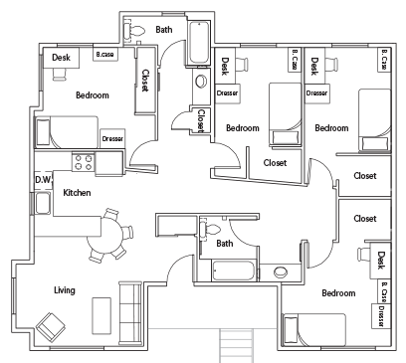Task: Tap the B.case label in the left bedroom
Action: pos(103,55)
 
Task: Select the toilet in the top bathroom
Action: pos(140,30)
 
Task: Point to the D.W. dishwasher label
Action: pos(42,180)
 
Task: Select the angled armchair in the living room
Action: pos(49,323)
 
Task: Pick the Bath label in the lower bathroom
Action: pos(225,243)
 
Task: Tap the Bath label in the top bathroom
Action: pos(164,30)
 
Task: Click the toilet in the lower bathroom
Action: pos(211,229)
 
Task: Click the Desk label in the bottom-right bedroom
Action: pos(381,261)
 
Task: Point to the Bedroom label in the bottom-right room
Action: pos(338,293)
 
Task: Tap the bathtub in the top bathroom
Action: pos(198,45)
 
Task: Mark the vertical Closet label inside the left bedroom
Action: pos(145,81)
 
